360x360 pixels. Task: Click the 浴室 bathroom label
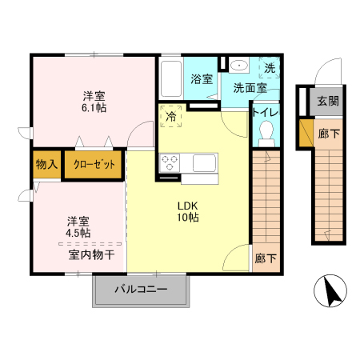click(x=202, y=79)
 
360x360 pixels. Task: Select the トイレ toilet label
click(x=265, y=112)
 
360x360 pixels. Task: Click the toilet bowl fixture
click(x=266, y=132)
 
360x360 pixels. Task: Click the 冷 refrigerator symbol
click(x=171, y=116)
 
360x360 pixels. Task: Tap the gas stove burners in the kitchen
click(x=170, y=162)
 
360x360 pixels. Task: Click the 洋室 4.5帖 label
click(x=78, y=226)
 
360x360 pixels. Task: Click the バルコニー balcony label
click(x=140, y=290)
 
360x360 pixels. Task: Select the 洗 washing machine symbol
click(x=270, y=69)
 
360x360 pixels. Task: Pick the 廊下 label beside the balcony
click(x=266, y=259)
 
